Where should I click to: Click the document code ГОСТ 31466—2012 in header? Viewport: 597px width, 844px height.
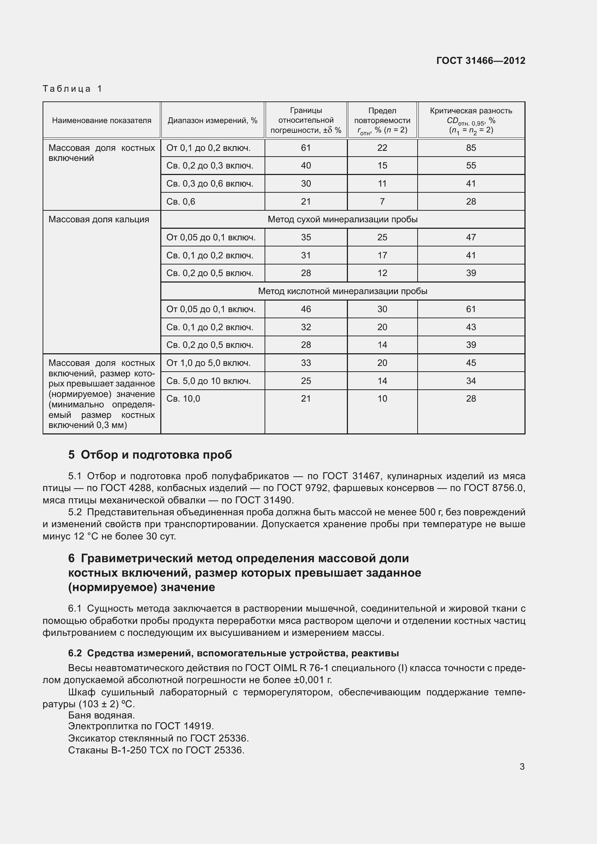(480, 61)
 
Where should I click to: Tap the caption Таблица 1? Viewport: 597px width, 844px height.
(73, 89)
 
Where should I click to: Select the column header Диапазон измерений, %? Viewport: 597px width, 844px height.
(213, 121)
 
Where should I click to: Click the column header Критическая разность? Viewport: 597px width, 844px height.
(471, 111)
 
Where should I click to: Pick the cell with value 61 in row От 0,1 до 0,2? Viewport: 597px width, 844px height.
(306, 148)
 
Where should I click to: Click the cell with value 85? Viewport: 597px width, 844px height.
(471, 148)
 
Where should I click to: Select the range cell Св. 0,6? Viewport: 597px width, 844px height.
(181, 201)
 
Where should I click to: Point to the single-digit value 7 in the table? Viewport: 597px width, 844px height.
(382, 201)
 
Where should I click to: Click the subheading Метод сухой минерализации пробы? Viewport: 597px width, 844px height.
(342, 219)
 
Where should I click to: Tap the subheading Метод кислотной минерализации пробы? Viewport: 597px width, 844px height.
(342, 291)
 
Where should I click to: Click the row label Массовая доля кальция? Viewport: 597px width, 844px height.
(99, 219)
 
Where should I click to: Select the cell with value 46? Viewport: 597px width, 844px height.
(306, 309)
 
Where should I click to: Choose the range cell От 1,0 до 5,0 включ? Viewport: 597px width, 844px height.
(208, 363)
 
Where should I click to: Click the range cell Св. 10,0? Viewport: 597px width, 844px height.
(183, 398)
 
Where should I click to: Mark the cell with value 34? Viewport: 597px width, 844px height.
(471, 381)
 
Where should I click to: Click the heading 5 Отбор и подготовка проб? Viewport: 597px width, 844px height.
(150, 455)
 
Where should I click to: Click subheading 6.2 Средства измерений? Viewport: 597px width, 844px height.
(233, 653)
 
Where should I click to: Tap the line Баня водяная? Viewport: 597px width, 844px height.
(101, 715)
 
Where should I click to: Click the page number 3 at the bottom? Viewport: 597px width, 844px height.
(522, 766)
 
